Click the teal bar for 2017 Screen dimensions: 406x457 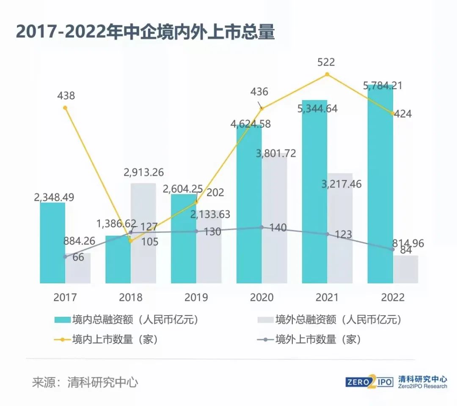click(x=52, y=243)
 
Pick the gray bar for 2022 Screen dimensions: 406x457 click(x=405, y=270)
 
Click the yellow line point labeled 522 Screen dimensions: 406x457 click(x=327, y=74)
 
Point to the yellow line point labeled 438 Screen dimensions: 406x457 click(x=65, y=108)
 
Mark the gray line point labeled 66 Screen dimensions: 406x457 click(x=65, y=256)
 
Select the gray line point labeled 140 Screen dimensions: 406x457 click(x=262, y=227)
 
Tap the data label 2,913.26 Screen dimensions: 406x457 click(x=143, y=172)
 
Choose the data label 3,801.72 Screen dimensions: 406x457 click(x=276, y=153)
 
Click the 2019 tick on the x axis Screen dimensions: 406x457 click(x=196, y=297)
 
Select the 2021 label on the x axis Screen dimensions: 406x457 click(x=327, y=297)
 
